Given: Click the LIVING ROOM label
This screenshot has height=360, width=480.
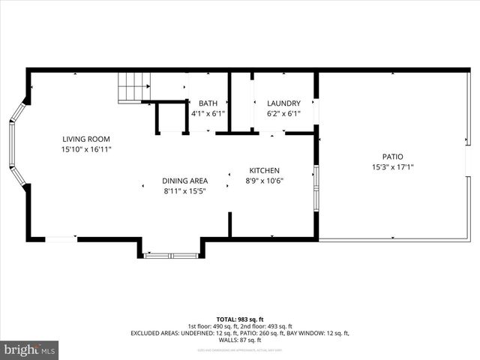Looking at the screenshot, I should click(86, 139).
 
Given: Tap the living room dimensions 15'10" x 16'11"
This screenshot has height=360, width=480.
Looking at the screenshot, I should click(86, 149).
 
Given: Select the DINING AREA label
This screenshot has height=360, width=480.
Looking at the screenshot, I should click(184, 181).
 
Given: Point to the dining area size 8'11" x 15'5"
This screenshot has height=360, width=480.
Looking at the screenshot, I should click(184, 191).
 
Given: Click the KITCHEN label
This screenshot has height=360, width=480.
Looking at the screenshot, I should click(265, 169).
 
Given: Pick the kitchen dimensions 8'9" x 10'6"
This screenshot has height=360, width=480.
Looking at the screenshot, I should click(265, 180).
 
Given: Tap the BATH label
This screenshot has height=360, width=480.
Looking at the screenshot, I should click(207, 103).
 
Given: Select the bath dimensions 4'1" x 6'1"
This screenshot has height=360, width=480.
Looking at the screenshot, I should click(207, 114).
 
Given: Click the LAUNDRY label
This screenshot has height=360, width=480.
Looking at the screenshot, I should click(283, 103).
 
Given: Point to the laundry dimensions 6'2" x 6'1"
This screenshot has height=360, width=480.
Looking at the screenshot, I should click(283, 114).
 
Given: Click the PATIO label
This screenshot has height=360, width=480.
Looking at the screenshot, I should click(392, 157).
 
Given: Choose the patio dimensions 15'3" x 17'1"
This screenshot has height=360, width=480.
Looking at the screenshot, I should click(392, 167).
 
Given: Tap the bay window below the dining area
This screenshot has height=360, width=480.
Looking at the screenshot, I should click(171, 255).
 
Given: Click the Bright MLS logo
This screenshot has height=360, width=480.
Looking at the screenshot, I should click(30, 349).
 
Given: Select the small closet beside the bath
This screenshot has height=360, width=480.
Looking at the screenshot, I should click(172, 118).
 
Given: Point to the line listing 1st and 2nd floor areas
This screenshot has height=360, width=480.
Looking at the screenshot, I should click(240, 325).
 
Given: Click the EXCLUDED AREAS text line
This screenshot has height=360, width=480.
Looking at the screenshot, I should click(240, 333).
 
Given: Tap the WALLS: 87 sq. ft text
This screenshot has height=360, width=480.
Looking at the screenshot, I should click(240, 340).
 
